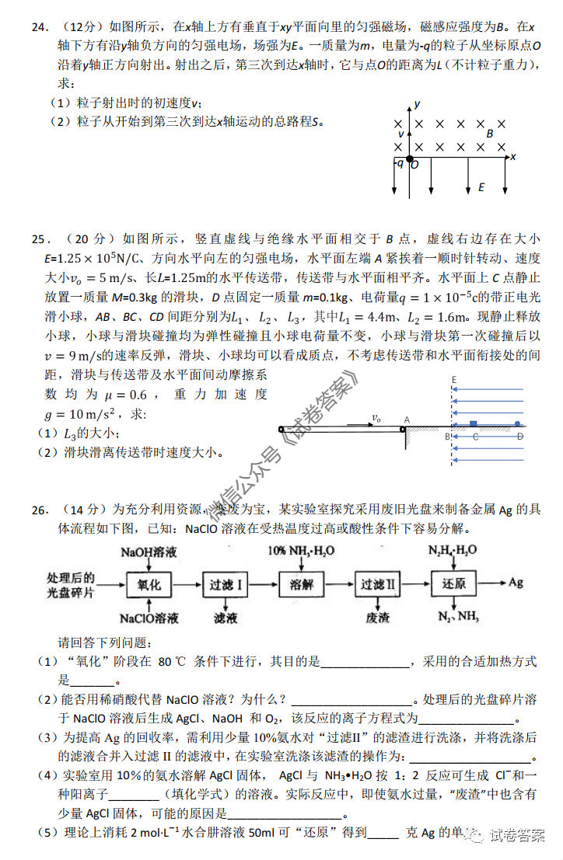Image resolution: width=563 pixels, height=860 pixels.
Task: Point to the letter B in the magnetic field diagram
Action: click(490, 134)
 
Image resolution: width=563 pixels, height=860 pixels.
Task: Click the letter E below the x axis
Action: click(481, 187)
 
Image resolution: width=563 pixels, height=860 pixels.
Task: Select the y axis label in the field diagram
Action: click(418, 103)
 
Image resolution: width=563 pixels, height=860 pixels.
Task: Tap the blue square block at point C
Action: click(473, 424)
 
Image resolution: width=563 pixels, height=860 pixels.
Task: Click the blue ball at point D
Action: click(518, 424)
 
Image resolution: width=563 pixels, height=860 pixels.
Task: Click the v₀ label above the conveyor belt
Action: click(376, 418)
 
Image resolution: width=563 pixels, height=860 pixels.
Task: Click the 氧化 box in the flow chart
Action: click(150, 583)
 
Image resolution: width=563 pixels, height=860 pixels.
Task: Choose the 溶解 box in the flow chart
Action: click(300, 583)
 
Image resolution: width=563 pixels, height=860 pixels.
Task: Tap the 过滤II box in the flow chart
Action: click(377, 583)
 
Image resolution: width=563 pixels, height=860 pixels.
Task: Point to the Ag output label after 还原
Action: click(516, 583)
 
